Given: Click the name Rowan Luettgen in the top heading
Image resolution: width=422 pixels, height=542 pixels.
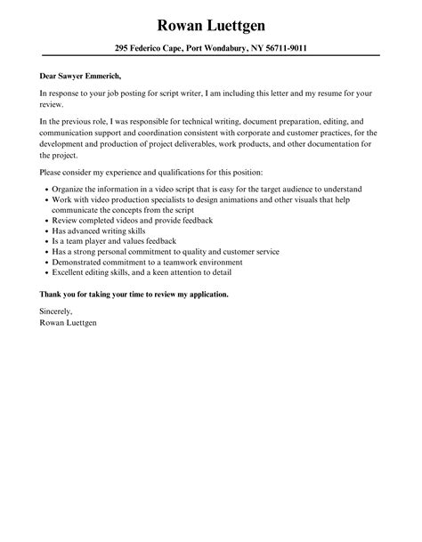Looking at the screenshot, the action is pos(211,23).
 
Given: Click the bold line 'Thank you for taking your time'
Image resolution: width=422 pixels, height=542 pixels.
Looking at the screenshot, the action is pos(134,295).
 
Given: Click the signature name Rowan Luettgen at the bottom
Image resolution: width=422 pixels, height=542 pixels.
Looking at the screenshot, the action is pos(69,322).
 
